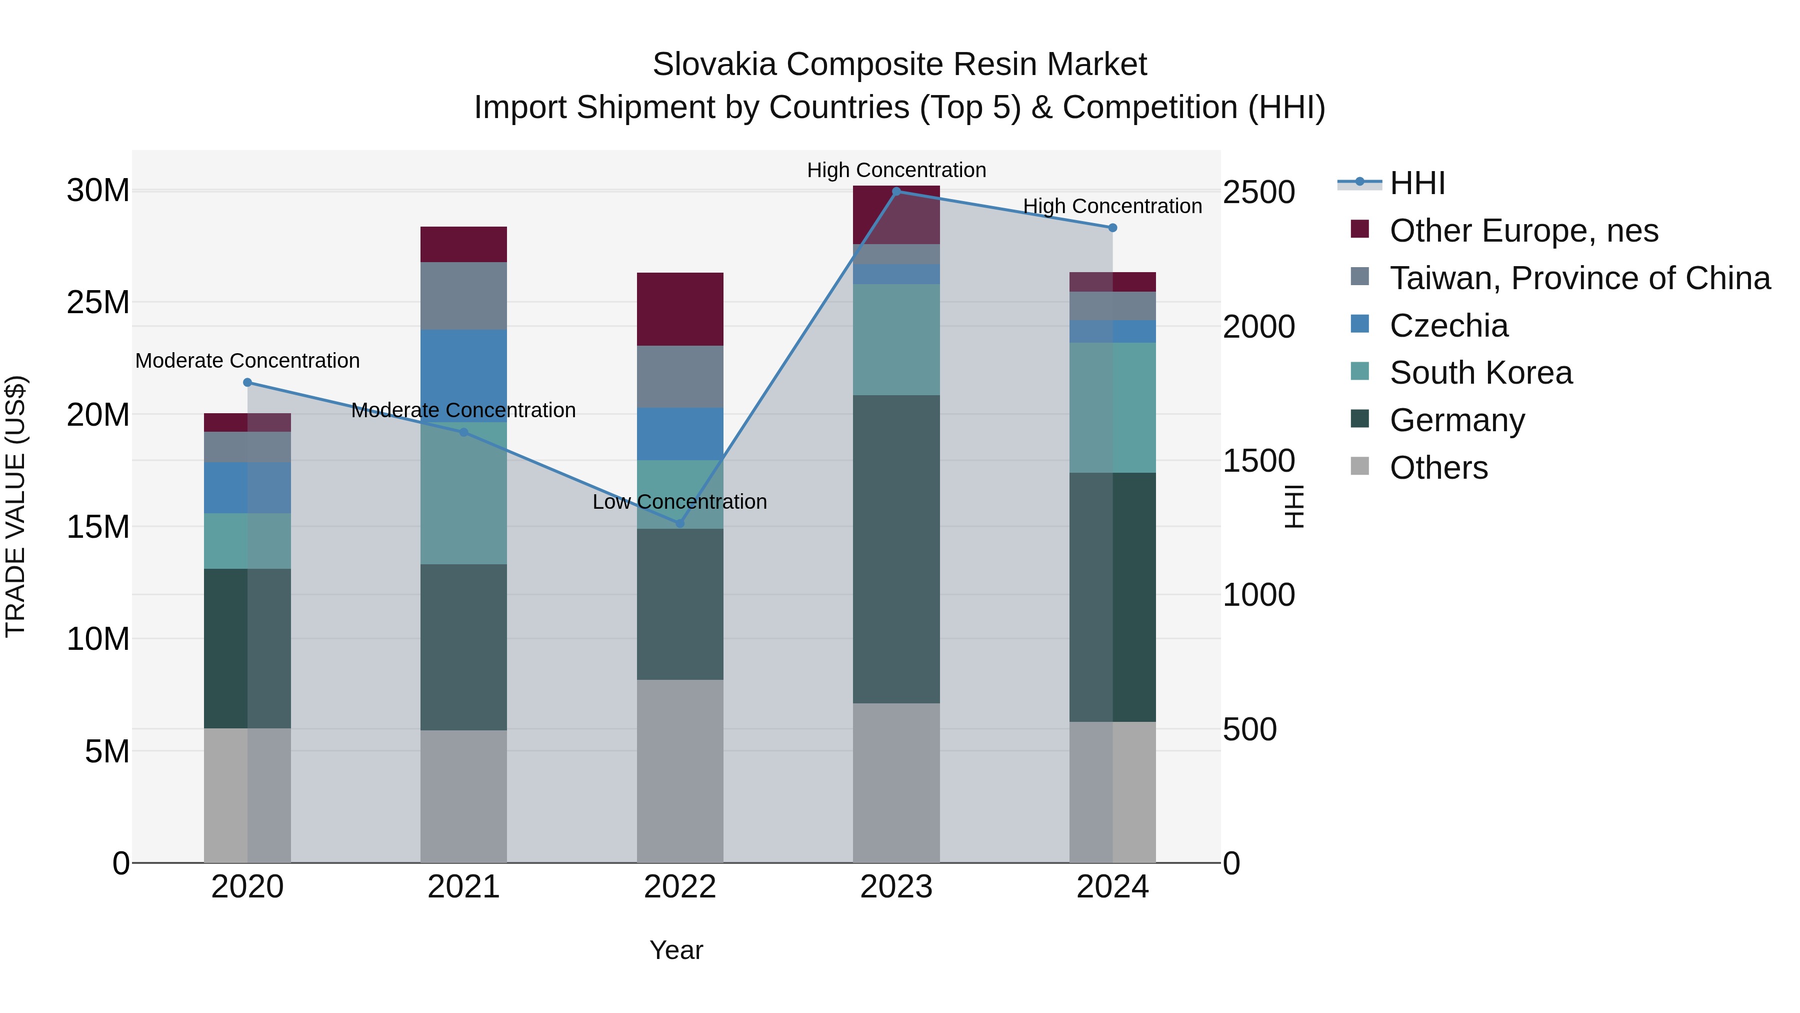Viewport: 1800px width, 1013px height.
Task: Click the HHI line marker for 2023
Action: pyautogui.click(x=896, y=192)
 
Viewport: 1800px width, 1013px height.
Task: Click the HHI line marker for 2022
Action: pyautogui.click(x=680, y=523)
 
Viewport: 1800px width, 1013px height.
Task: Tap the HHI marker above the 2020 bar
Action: pyautogui.click(x=247, y=382)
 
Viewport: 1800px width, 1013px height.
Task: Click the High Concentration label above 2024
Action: pyautogui.click(x=1112, y=206)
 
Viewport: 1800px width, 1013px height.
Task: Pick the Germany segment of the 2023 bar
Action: pyautogui.click(x=896, y=549)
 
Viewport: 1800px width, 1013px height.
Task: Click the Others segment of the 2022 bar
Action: pyautogui.click(x=680, y=770)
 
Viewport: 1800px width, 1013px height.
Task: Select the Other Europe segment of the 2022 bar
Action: pyautogui.click(x=680, y=309)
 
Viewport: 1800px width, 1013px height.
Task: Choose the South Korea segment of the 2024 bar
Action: pyautogui.click(x=1112, y=408)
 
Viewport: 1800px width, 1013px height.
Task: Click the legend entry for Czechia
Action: pyautogui.click(x=1448, y=326)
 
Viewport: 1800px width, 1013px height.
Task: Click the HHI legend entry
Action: pyautogui.click(x=1416, y=183)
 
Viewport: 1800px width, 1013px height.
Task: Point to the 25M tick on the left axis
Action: pyautogui.click(x=98, y=303)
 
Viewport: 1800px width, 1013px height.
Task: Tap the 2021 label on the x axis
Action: pyautogui.click(x=463, y=887)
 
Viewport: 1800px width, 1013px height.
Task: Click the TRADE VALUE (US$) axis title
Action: pyautogui.click(x=15, y=506)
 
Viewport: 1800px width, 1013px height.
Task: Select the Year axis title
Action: pyautogui.click(x=675, y=950)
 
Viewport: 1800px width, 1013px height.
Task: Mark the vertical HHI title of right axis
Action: pyautogui.click(x=1294, y=506)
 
